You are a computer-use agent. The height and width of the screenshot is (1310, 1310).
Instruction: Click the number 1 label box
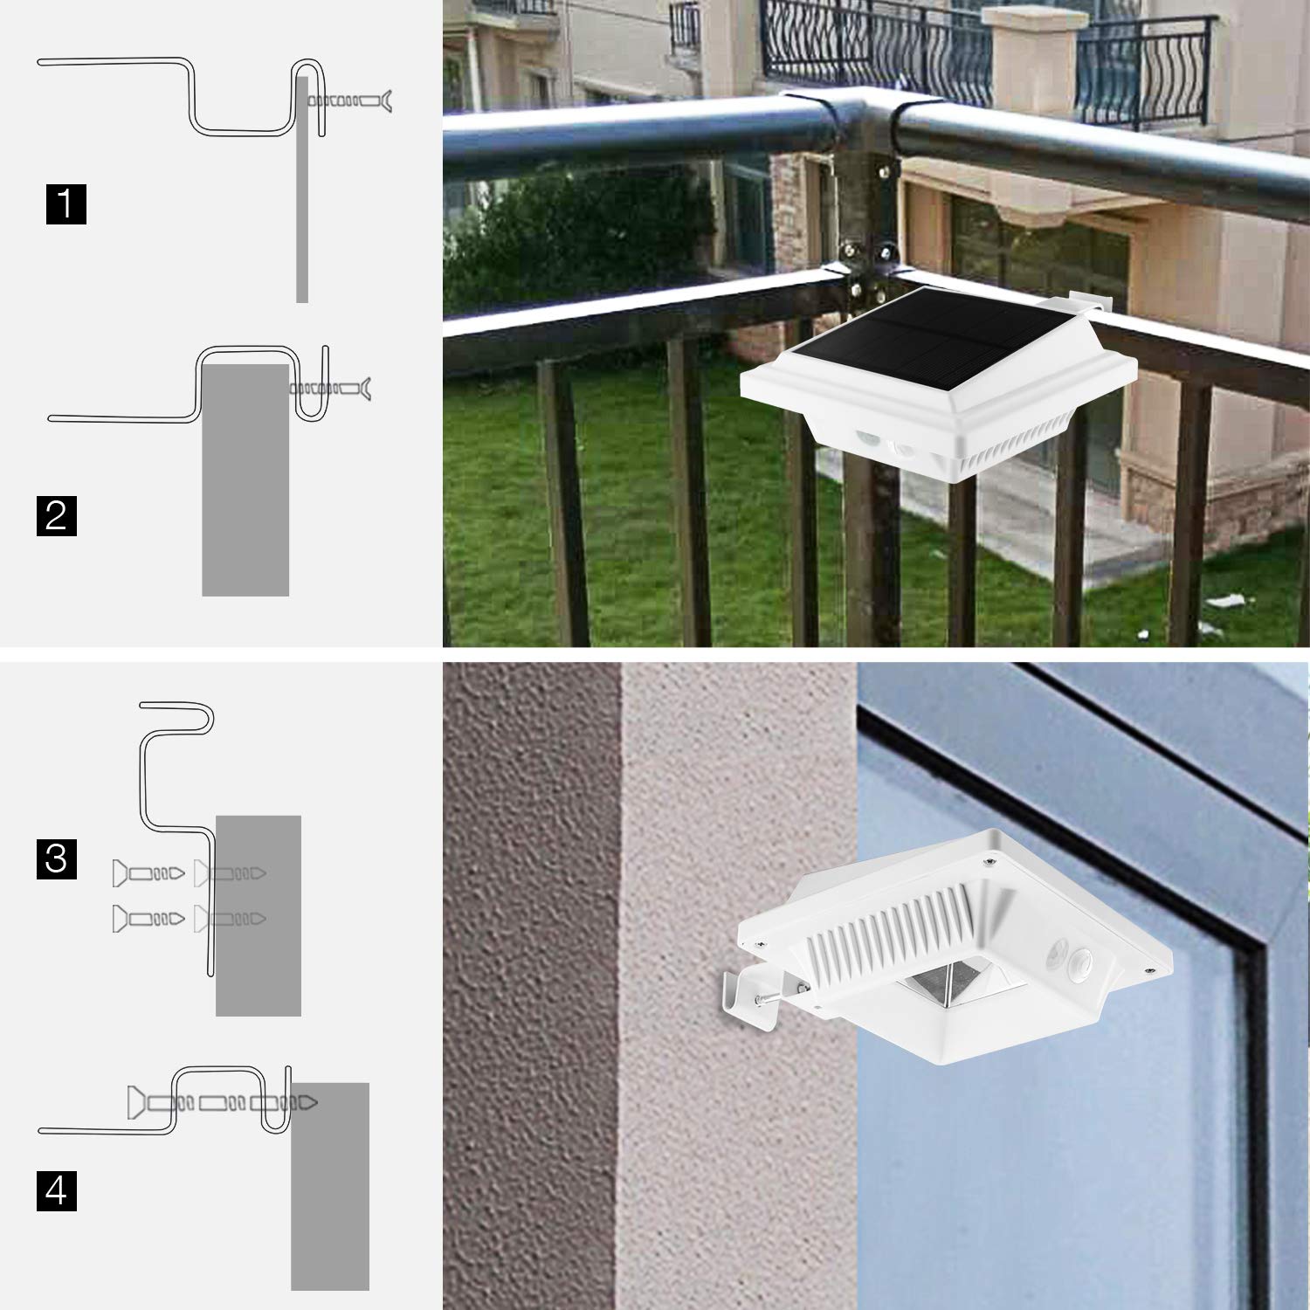coord(66,203)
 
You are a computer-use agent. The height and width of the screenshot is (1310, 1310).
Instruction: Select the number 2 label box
coord(57,515)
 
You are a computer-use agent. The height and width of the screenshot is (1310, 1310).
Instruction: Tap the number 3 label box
coord(57,858)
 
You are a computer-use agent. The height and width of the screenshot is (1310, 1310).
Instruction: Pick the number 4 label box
coord(57,1190)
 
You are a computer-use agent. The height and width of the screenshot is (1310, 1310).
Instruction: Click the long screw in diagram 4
coord(223,1102)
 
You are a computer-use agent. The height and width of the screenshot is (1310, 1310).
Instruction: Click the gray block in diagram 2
coord(245,480)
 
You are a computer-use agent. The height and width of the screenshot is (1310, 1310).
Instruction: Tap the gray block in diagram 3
coord(259,915)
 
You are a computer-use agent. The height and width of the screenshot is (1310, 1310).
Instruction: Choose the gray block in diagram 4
coord(330,1187)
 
